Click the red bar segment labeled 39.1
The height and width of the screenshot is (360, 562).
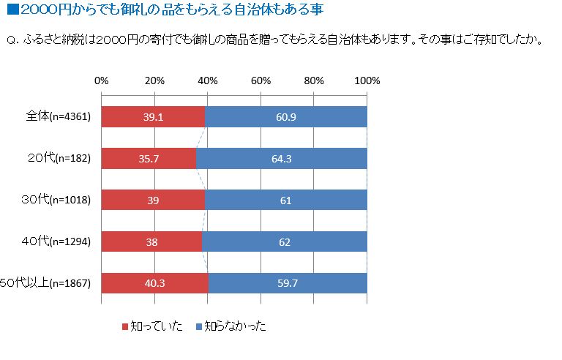[153, 117]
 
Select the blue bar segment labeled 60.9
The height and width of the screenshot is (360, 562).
[286, 117]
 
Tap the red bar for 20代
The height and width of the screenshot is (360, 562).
[149, 159]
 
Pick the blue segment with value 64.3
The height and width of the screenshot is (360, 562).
[282, 159]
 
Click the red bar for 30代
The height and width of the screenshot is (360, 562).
[153, 200]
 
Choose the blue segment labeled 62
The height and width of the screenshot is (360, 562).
[285, 241]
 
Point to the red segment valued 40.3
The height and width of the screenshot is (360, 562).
[154, 283]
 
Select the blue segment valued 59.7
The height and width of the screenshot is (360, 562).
[288, 283]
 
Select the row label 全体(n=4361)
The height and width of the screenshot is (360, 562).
[58, 117]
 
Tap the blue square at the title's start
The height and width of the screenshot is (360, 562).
[11, 10]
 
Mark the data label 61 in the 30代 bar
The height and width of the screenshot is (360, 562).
[285, 200]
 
